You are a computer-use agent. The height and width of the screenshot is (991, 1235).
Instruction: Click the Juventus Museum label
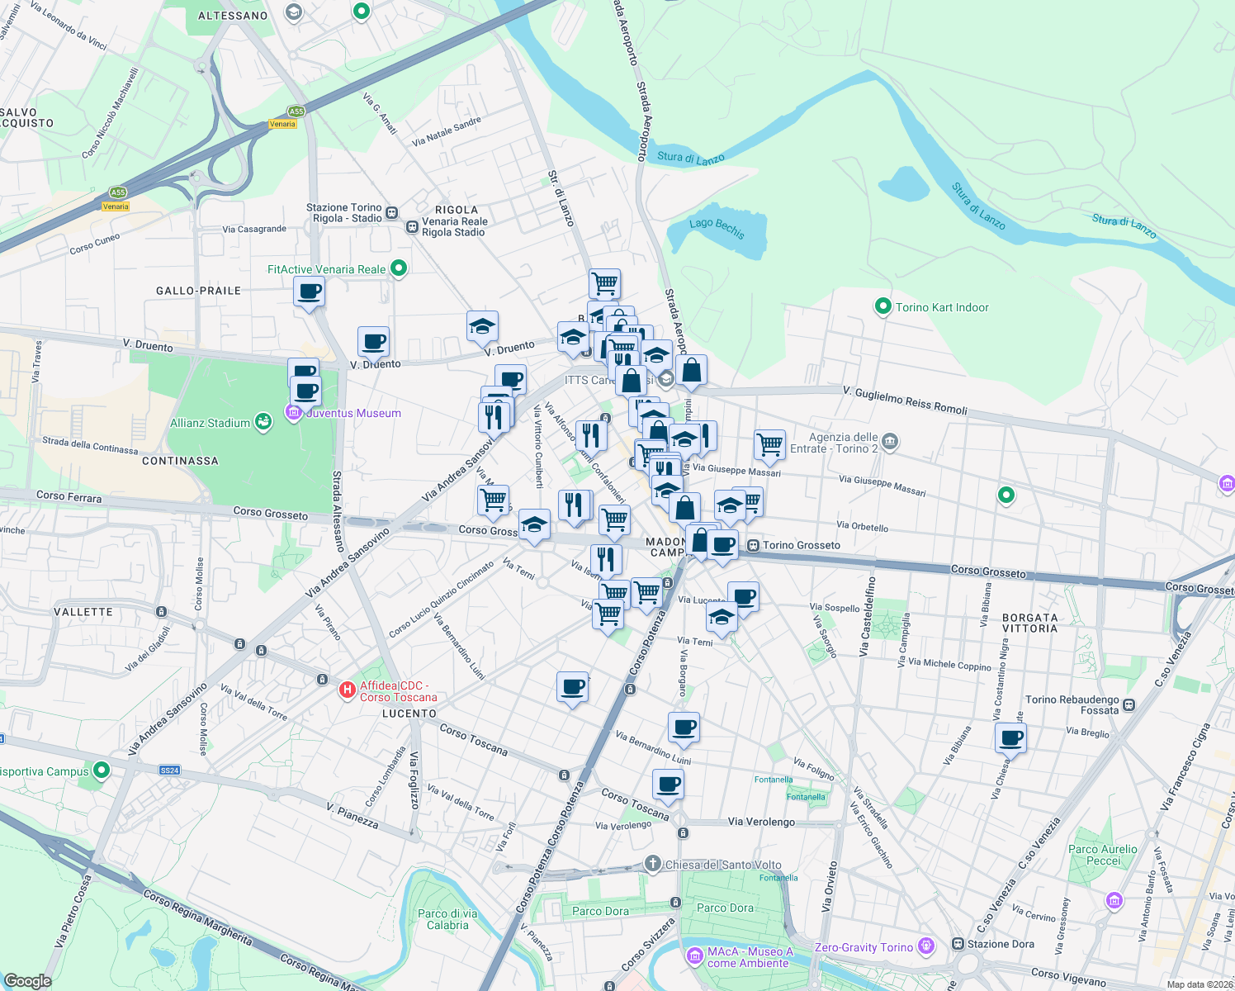point(353,413)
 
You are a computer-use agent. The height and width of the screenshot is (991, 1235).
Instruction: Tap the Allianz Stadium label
point(210,423)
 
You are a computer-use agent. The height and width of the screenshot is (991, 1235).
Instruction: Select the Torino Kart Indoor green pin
point(882,307)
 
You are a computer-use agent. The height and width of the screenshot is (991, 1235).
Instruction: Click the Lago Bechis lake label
point(717,228)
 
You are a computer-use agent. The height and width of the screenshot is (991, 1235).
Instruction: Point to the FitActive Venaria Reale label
point(326,269)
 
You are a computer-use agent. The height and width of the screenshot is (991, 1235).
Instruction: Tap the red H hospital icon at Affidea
point(348,690)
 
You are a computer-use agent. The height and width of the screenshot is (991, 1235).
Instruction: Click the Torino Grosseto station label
point(801,545)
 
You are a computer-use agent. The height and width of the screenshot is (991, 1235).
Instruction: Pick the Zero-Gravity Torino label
point(864,947)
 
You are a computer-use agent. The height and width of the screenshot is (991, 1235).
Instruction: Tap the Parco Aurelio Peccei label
point(1103,855)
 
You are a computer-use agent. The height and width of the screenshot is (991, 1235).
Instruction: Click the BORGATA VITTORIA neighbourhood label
point(1029,623)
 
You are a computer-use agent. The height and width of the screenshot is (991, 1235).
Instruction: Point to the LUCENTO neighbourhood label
point(409,714)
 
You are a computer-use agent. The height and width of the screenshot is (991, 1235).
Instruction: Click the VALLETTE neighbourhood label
point(83,612)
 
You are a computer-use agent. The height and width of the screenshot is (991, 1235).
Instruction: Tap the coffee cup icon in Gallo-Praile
point(309,291)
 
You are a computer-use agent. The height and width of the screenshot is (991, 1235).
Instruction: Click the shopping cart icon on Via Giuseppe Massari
point(769,443)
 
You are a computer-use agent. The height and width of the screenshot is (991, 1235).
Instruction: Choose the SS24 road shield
point(169,771)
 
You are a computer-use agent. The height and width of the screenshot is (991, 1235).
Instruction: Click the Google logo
point(28,980)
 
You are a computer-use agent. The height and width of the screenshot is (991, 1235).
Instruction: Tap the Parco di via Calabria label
point(447,919)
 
